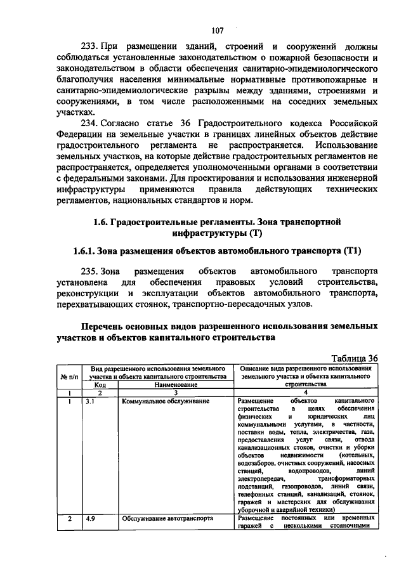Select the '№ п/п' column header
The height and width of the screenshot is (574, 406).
[x=69, y=376]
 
